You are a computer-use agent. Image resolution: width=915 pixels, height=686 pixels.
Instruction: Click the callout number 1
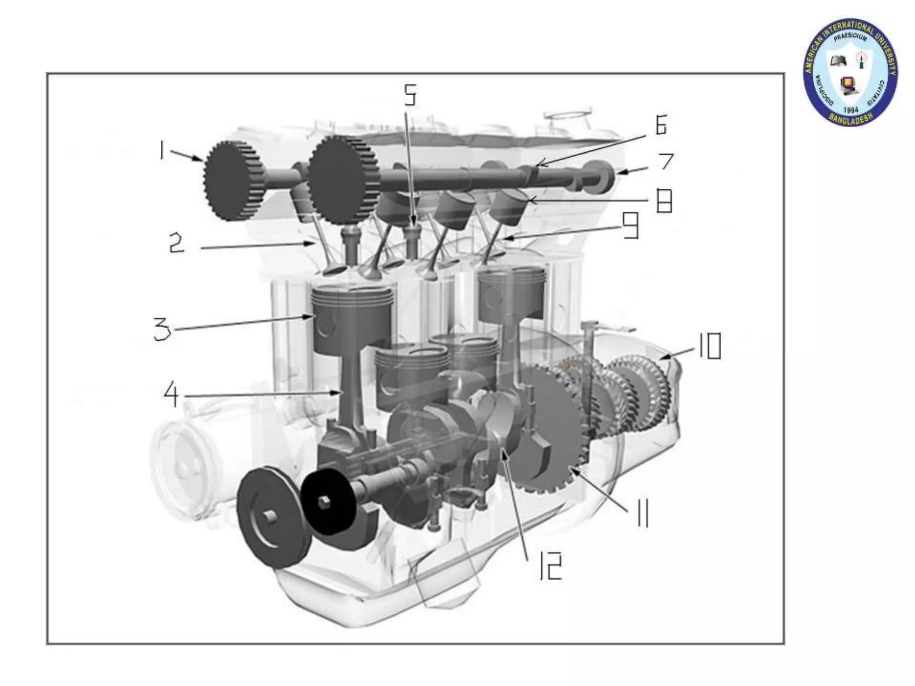pyautogui.click(x=161, y=151)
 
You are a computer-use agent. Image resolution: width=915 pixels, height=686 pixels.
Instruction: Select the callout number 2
pyautogui.click(x=176, y=244)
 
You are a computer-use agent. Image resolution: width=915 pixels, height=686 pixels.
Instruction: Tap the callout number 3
pyautogui.click(x=162, y=330)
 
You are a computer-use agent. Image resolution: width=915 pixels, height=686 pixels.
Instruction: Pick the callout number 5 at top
pyautogui.click(x=410, y=95)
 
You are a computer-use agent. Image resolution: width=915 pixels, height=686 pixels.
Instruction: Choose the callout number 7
pyautogui.click(x=666, y=161)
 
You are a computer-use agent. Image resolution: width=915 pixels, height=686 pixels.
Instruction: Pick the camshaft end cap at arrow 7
pyautogui.click(x=605, y=175)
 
